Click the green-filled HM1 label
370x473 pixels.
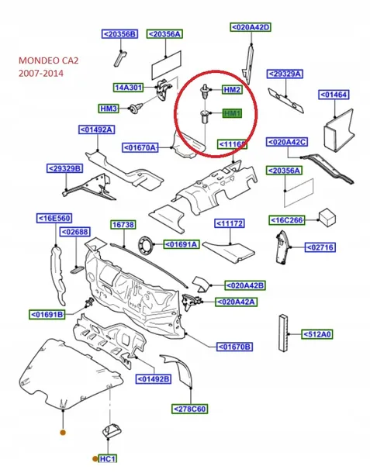pyautogui.click(x=232, y=113)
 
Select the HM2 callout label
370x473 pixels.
pyautogui.click(x=232, y=90)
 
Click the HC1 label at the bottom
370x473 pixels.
pyautogui.click(x=108, y=459)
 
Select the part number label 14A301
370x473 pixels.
pyautogui.click(x=128, y=88)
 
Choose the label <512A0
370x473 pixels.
pyautogui.click(x=316, y=334)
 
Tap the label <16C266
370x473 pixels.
pyautogui.click(x=288, y=219)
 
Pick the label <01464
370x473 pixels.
pyautogui.click(x=335, y=95)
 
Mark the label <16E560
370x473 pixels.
pyautogui.click(x=56, y=219)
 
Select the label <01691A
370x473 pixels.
pyautogui.click(x=181, y=244)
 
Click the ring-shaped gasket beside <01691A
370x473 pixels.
pyautogui.click(x=146, y=247)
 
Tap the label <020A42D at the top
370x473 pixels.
pyautogui.click(x=251, y=27)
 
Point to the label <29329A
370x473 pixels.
pyautogui.click(x=285, y=74)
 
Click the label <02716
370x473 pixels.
pyautogui.click(x=320, y=247)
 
